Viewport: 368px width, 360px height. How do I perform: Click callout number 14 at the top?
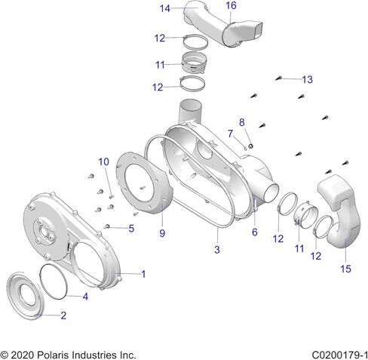click(165, 8)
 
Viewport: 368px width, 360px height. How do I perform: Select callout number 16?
click(231, 5)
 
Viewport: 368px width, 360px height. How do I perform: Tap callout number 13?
click(307, 79)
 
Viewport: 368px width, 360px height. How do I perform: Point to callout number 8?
click(242, 122)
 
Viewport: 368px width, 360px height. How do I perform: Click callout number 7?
click(230, 134)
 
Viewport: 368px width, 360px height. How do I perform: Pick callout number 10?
click(103, 162)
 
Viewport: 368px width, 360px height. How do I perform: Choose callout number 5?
click(131, 229)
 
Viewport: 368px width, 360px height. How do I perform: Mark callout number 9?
click(162, 233)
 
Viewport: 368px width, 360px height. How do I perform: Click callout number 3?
click(217, 249)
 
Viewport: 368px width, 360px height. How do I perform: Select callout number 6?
click(255, 232)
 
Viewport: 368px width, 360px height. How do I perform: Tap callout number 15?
click(345, 269)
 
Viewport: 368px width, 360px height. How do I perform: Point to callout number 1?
click(143, 274)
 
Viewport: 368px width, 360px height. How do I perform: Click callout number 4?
click(85, 297)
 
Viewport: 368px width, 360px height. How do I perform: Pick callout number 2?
click(63, 315)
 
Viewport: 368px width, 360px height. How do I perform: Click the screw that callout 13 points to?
click(278, 78)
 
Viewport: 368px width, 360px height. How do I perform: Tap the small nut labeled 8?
click(250, 146)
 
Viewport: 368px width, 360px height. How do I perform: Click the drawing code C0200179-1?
click(340, 355)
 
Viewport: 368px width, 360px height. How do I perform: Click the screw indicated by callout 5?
click(107, 226)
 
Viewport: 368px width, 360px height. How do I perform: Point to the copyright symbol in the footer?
click(5, 355)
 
